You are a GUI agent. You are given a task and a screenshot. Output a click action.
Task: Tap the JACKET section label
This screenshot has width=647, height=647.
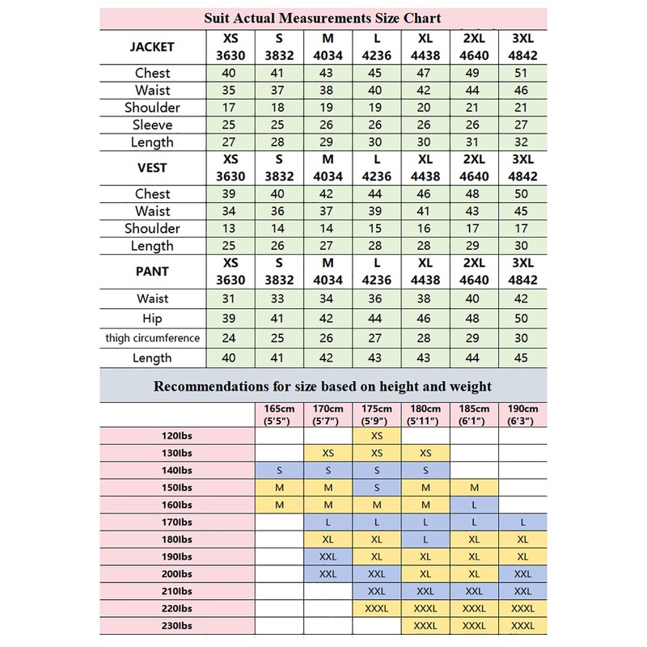pos(152,47)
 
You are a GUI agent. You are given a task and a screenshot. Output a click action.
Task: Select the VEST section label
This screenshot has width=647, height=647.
pos(152,167)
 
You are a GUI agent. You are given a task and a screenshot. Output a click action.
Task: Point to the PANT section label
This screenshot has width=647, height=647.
pos(152,272)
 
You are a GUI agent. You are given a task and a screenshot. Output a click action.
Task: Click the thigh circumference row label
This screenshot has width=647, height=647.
pos(152,337)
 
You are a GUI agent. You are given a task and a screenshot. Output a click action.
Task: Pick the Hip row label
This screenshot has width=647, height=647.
pos(152,319)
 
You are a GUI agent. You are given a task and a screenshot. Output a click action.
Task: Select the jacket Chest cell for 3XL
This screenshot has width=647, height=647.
pos(523,73)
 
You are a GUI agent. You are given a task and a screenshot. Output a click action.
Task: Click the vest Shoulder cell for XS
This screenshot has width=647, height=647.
pos(229,228)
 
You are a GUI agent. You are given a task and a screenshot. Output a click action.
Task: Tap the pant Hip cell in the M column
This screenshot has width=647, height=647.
pos(328,319)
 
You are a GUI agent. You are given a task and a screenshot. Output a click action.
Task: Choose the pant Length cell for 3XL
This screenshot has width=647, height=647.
pos(523,357)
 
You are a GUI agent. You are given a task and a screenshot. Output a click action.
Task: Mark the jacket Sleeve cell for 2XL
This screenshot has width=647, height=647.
pos(474,125)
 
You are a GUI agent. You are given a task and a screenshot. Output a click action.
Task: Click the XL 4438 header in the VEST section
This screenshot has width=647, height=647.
pos(425,167)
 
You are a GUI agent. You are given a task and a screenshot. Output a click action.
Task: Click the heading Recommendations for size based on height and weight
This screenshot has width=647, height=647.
pos(323,387)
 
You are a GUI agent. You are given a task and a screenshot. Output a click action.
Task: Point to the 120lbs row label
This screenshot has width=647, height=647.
pos(177,436)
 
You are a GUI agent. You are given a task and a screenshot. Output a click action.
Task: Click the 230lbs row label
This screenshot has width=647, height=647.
pos(177,625)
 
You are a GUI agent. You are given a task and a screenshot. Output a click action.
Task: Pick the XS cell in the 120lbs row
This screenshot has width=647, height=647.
pos(376,436)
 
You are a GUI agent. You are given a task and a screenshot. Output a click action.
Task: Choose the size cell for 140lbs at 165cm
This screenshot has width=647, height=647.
pos(279,470)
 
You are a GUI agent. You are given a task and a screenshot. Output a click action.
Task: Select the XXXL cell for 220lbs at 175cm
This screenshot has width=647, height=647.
pos(376,608)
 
